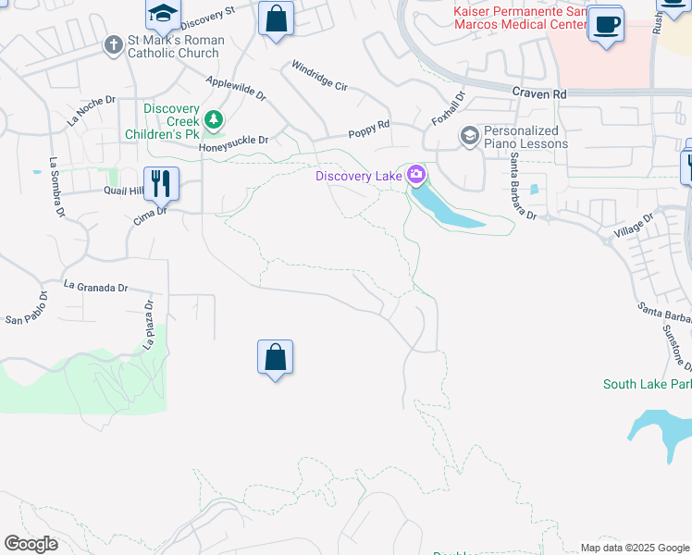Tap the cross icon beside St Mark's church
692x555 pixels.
pyautogui.click(x=113, y=44)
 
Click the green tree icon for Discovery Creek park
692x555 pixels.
pyautogui.click(x=215, y=120)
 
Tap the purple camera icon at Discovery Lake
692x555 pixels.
pyautogui.click(x=416, y=174)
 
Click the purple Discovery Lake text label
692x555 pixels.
pyautogui.click(x=358, y=176)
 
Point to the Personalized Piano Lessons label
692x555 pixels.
pyautogui.click(x=525, y=137)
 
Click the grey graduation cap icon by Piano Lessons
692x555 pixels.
pyautogui.click(x=470, y=137)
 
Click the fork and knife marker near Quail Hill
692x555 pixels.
pyautogui.click(x=161, y=183)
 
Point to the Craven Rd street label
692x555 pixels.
pyautogui.click(x=538, y=93)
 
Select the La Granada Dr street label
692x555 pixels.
pyautogui.click(x=95, y=287)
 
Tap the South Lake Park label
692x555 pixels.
pyautogui.click(x=647, y=384)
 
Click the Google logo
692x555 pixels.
pyautogui.click(x=31, y=544)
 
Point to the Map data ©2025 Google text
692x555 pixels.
pyautogui.click(x=634, y=548)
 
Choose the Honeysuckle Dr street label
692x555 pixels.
pyautogui.click(x=234, y=141)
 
